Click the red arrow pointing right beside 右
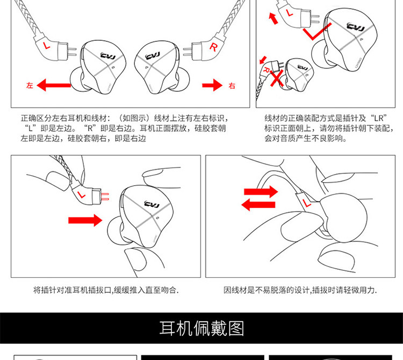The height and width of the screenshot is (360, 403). pyautogui.click(x=212, y=85)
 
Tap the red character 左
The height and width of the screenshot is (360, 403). pyautogui.click(x=29, y=85)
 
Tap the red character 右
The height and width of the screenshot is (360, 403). pyautogui.click(x=232, y=85)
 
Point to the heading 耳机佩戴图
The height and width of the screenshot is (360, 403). pyautogui.click(x=201, y=328)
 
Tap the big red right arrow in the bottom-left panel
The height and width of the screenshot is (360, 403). pyautogui.click(x=85, y=219)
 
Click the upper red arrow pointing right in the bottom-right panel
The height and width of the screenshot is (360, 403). pyautogui.click(x=261, y=191)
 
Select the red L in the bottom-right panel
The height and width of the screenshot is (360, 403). pyautogui.click(x=307, y=203)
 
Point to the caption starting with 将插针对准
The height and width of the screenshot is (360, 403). pyautogui.click(x=106, y=290)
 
